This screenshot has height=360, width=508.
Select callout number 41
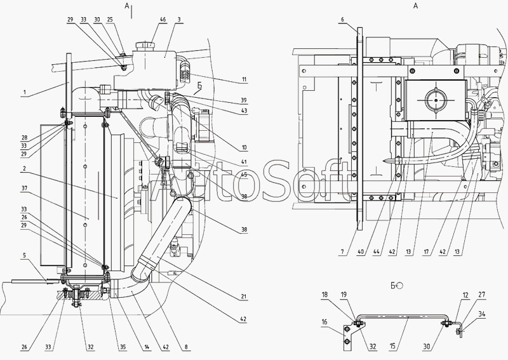(244, 163)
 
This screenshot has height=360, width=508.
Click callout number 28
(24, 137)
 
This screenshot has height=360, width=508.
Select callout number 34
(483, 313)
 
